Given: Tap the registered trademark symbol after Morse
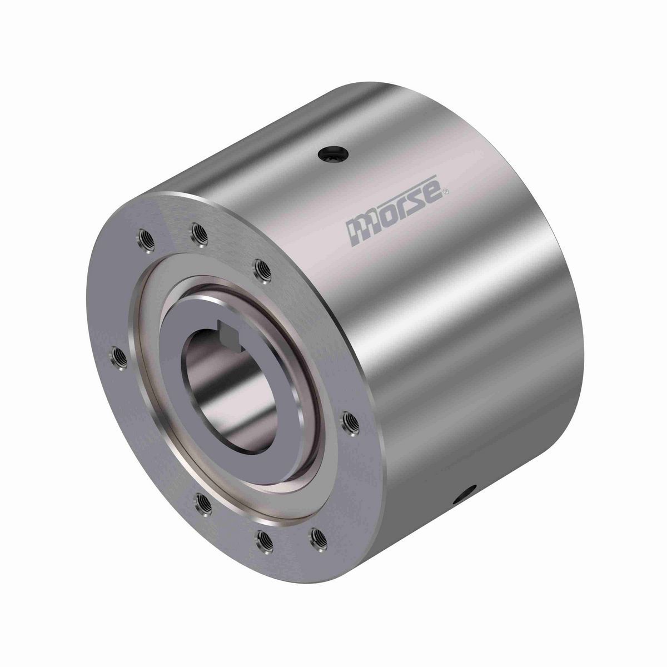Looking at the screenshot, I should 446,193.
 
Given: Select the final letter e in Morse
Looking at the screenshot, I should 434,199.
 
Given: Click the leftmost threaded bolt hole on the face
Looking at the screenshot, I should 117,354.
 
